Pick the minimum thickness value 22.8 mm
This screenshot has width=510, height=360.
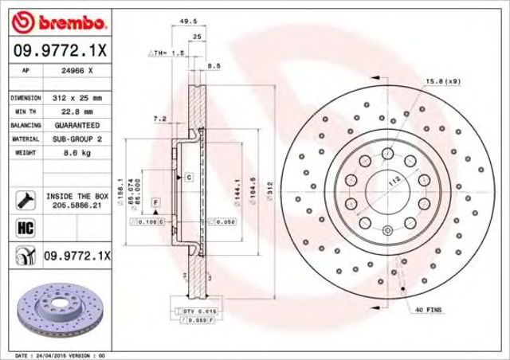pyautogui.click(x=72, y=112)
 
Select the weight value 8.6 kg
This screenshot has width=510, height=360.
pyautogui.click(x=67, y=152)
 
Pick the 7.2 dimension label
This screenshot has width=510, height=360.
pyautogui.click(x=159, y=119)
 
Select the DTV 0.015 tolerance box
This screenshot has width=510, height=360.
pyautogui.click(x=190, y=311)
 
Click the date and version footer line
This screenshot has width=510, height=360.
pyautogui.click(x=61, y=354)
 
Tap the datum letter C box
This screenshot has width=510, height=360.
pyautogui.click(x=189, y=178)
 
